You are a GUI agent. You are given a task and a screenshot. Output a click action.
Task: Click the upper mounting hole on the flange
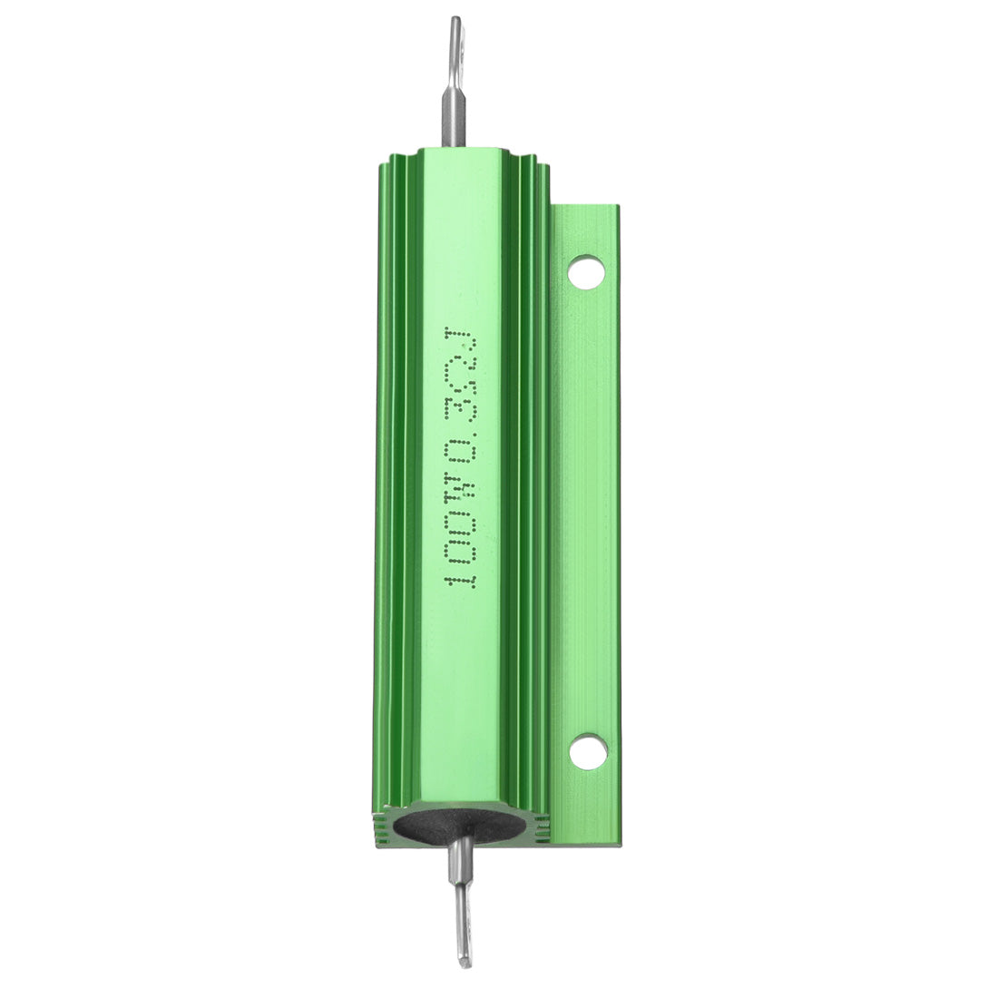coord(586,272)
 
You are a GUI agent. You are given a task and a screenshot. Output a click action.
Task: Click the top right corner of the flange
coord(617,208)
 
